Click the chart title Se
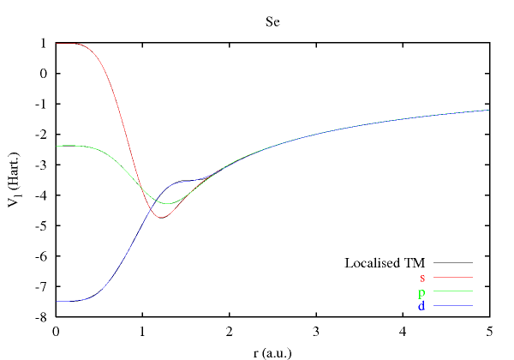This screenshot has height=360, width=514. [x=272, y=21]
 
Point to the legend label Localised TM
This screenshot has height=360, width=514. [x=385, y=262]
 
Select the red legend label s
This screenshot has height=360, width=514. [x=422, y=278]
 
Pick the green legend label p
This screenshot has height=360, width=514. [x=422, y=292]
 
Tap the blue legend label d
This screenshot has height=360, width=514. [x=422, y=306]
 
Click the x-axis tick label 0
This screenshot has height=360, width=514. [x=56, y=332]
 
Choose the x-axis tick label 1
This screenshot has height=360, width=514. [x=142, y=332]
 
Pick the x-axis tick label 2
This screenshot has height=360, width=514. [x=230, y=332]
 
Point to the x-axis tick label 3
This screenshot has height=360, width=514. [x=316, y=332]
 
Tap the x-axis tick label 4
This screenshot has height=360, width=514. [x=403, y=332]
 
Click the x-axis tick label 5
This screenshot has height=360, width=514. [x=489, y=332]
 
